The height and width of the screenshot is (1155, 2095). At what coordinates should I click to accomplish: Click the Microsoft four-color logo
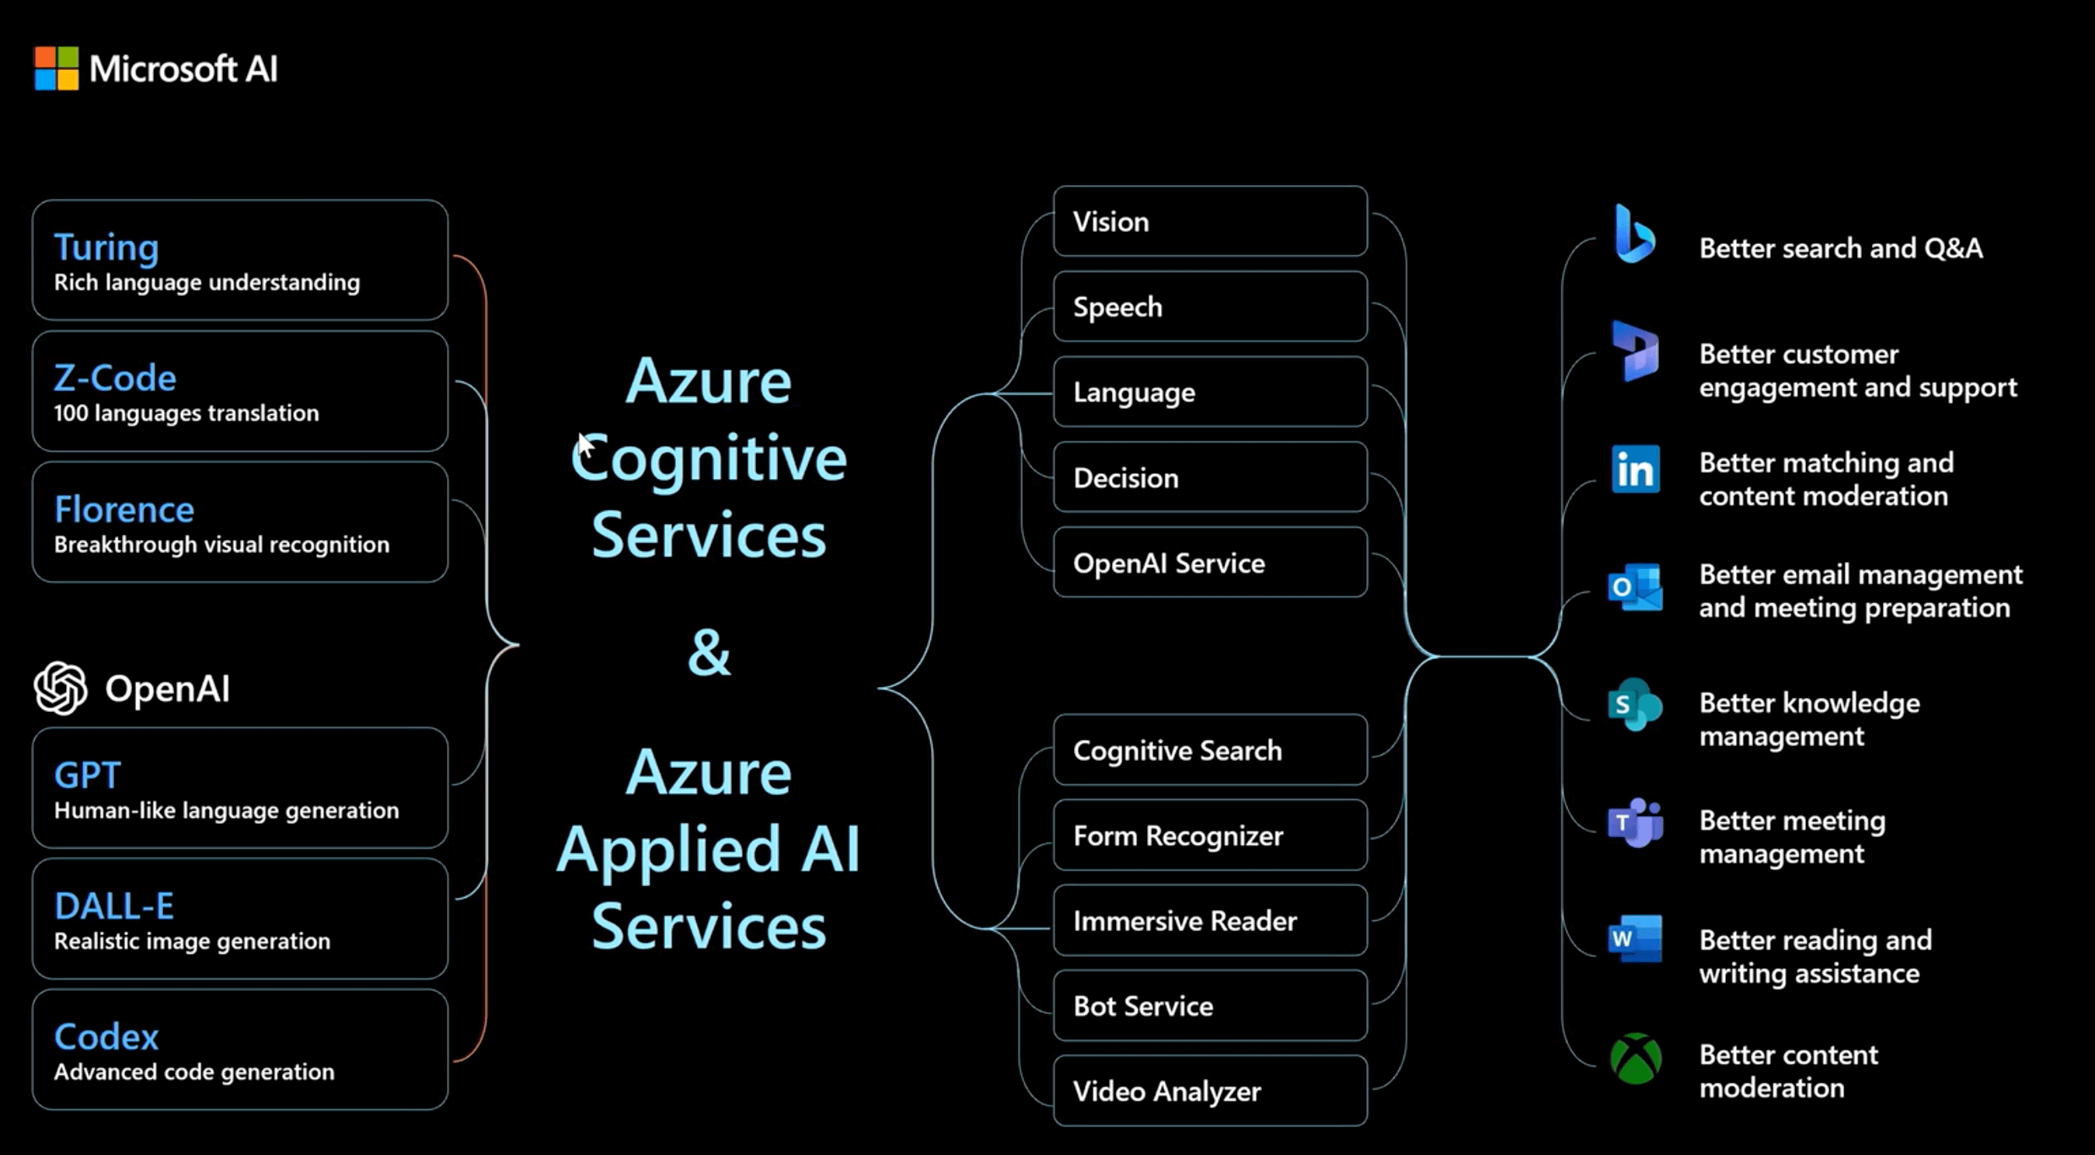point(56,68)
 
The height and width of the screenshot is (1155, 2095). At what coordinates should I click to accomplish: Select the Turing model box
point(240,260)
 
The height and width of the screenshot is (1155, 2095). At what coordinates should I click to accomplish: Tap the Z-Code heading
point(115,379)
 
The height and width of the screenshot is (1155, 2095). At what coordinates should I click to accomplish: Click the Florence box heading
point(124,510)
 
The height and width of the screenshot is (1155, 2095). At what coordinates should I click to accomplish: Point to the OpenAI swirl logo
point(61,688)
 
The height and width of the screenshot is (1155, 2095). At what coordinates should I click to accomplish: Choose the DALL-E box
point(240,919)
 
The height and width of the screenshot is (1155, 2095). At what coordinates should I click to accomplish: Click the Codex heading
point(106,1036)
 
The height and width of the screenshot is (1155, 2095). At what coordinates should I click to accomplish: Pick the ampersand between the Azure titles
point(709,652)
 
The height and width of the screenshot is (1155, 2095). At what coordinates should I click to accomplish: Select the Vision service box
point(1209,222)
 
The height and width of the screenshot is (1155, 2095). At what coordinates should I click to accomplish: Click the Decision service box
point(1209,477)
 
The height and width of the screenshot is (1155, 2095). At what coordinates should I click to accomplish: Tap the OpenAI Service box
point(1209,563)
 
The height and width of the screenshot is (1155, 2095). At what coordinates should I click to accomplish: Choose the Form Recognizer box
point(1209,836)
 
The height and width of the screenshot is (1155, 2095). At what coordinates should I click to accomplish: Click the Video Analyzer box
point(1209,1090)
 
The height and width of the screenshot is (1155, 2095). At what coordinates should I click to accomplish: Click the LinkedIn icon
point(1635,469)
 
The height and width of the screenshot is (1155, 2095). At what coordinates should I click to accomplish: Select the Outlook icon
point(1635,588)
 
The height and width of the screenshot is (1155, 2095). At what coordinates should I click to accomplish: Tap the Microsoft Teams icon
point(1635,823)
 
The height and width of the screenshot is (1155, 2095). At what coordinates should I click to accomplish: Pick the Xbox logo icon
point(1636,1059)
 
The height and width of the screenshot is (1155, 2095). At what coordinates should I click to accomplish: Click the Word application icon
point(1635,939)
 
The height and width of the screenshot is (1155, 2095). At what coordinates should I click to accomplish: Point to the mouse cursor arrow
point(584,445)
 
